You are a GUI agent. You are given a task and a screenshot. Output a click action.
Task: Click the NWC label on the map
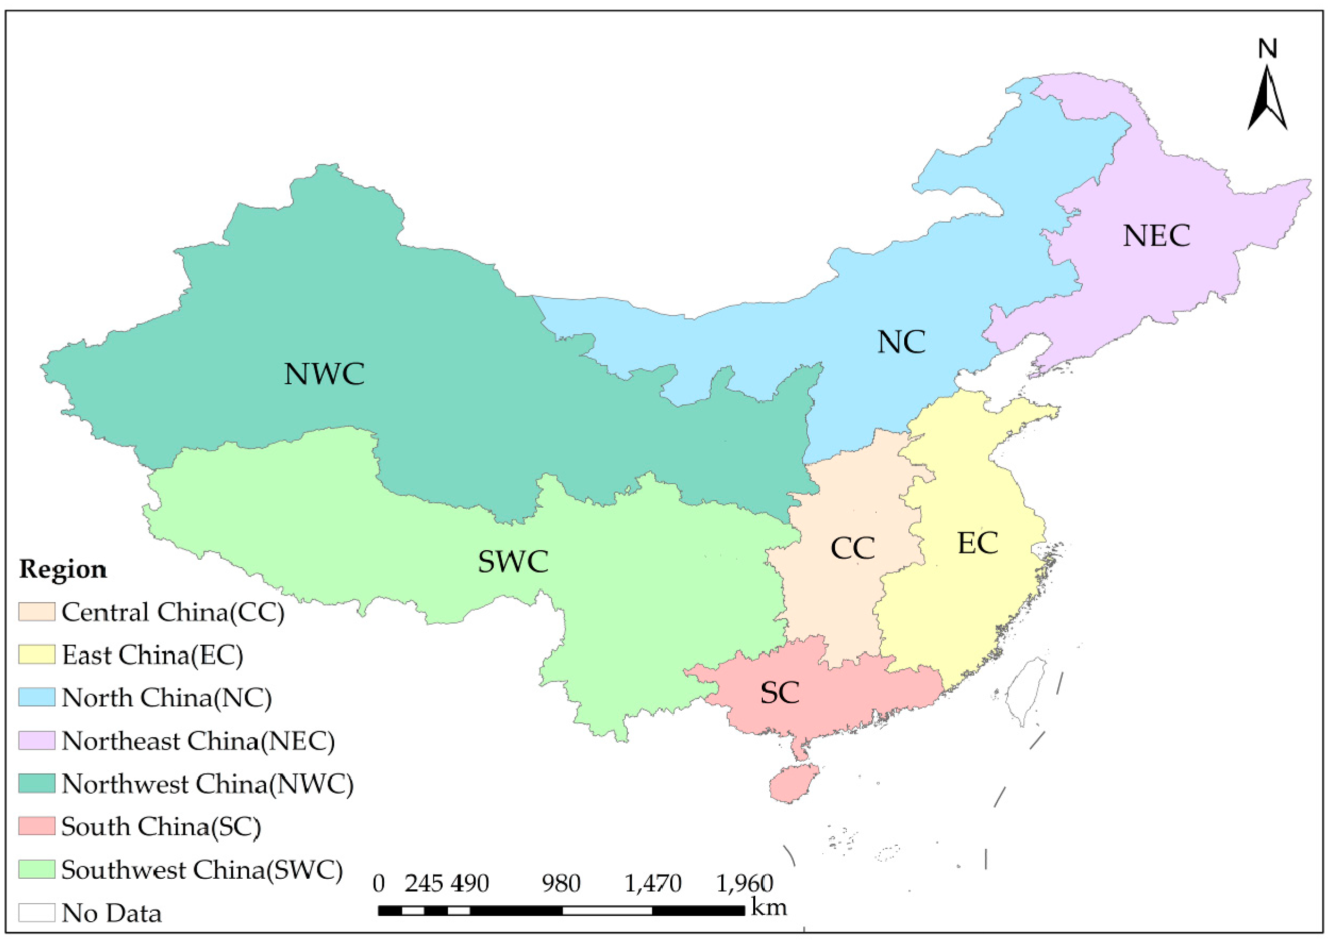point(324,374)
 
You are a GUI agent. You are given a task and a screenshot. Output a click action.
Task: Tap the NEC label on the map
point(1157,236)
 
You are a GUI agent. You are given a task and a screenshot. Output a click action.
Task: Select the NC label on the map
point(901,342)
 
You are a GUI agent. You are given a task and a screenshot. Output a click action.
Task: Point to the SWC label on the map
point(513,561)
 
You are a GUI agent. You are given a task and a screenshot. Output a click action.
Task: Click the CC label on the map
point(852,548)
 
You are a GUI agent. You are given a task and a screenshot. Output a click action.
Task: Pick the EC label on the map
point(978,543)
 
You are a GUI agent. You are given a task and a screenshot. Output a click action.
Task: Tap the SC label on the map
point(780,693)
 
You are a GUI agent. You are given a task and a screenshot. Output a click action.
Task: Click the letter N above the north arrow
point(1267,49)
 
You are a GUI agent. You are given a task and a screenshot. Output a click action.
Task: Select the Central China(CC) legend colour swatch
point(37,612)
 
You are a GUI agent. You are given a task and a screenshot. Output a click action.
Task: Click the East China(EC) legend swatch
point(37,654)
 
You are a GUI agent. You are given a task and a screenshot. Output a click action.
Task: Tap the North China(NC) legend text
point(166,698)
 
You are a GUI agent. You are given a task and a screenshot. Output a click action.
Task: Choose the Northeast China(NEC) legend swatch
point(37,741)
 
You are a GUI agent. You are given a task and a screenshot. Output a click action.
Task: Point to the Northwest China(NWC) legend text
point(207,784)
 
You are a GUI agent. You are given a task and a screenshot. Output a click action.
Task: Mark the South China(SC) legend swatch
point(37,826)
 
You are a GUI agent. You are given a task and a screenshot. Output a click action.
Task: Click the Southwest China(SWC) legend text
point(202,870)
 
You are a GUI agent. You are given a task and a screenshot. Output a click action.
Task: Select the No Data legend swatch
point(37,912)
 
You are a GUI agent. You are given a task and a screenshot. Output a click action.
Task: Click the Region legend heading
point(63,569)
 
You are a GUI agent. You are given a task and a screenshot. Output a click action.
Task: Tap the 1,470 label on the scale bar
point(653,884)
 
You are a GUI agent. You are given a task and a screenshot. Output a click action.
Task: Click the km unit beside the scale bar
point(769,906)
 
